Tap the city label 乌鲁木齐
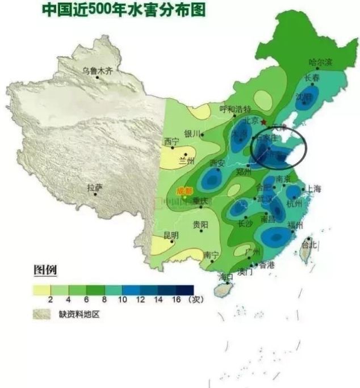coord(97,71)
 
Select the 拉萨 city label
coord(94,187)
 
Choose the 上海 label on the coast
coord(313,189)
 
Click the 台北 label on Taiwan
coord(310,245)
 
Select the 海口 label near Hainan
coord(226,277)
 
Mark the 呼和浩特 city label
coord(235,109)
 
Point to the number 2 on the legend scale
coord(51,300)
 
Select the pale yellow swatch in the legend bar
coord(42,289)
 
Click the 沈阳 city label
coord(304,96)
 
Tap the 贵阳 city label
coord(200,224)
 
